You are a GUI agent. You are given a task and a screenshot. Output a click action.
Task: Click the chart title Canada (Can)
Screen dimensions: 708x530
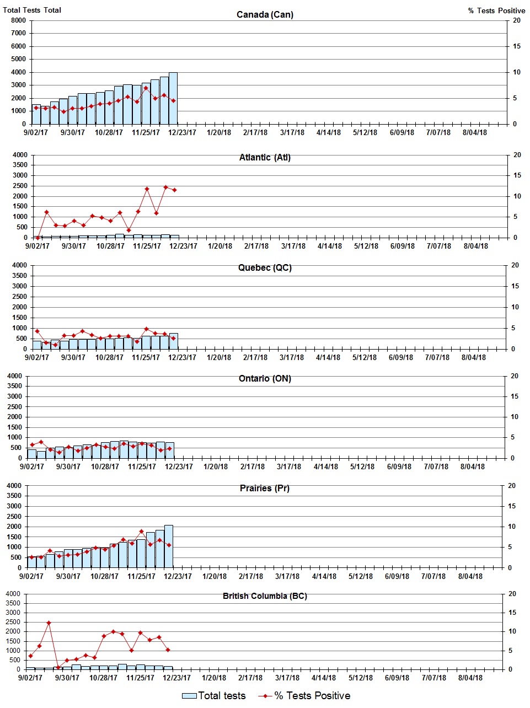pyautogui.click(x=265, y=14)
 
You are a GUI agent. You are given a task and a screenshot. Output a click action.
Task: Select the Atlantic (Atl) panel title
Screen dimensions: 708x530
pyautogui.click(x=265, y=158)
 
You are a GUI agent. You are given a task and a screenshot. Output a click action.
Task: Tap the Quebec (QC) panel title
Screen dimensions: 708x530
pyautogui.click(x=265, y=268)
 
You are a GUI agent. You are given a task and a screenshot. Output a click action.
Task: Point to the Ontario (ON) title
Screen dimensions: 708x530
pyautogui.click(x=265, y=379)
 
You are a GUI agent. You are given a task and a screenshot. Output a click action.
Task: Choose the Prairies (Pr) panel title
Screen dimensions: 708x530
pyautogui.click(x=264, y=489)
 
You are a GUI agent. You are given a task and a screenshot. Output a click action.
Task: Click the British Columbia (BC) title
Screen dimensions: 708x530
pyautogui.click(x=265, y=596)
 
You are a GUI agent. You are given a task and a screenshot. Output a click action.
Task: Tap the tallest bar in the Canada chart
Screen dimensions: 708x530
pyautogui.click(x=173, y=98)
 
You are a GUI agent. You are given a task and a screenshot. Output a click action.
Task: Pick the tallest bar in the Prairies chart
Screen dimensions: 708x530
pyautogui.click(x=169, y=546)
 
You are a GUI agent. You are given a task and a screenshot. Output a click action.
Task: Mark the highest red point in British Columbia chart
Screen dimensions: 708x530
pyautogui.click(x=49, y=623)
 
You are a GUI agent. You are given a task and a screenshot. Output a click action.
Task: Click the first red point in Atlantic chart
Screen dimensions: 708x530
pyautogui.click(x=38, y=238)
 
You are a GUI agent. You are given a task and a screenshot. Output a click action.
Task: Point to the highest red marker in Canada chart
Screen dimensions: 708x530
pyautogui.click(x=146, y=88)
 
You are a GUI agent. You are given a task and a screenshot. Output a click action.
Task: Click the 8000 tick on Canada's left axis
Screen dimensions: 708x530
pyautogui.click(x=18, y=20)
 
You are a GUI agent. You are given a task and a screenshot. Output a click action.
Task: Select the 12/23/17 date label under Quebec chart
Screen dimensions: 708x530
pyautogui.click(x=183, y=357)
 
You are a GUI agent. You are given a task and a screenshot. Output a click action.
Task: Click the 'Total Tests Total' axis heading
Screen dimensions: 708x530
pyautogui.click(x=32, y=10)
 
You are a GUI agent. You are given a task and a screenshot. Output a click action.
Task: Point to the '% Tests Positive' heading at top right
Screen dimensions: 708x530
pyautogui.click(x=496, y=10)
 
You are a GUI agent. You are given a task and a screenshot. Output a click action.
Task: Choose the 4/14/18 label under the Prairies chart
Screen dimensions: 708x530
pyautogui.click(x=324, y=576)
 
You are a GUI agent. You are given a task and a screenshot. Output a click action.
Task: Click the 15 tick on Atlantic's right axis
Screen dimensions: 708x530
pyautogui.click(x=517, y=175)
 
